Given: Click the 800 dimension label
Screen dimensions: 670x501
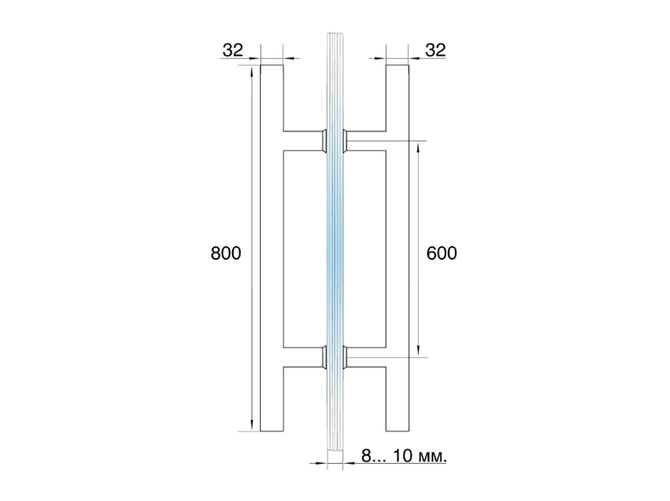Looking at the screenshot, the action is click(x=226, y=253).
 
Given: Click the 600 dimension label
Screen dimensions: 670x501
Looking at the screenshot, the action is click(x=442, y=253).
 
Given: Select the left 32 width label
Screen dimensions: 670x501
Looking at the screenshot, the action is click(x=233, y=50).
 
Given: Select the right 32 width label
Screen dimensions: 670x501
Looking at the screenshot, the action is click(x=436, y=50).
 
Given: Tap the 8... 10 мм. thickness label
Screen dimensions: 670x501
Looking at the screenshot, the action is click(x=404, y=456).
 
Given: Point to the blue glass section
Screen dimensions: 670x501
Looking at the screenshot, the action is click(x=335, y=248).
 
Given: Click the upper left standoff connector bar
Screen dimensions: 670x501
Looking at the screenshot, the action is click(x=303, y=140).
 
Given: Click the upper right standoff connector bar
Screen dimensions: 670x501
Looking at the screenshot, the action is click(x=367, y=140).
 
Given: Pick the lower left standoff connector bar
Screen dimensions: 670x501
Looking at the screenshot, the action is click(x=303, y=357).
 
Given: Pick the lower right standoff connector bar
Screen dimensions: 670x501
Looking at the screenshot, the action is click(x=367, y=357).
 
